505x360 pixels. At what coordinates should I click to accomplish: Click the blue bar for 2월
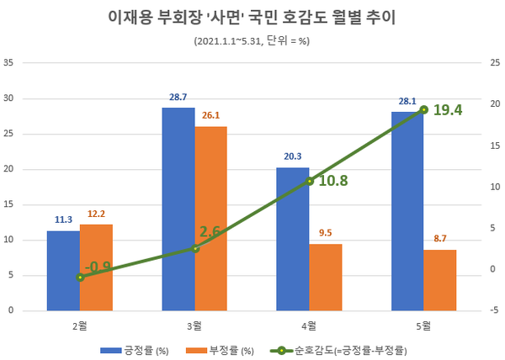click(63, 270)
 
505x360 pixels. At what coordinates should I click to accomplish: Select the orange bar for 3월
click(210, 218)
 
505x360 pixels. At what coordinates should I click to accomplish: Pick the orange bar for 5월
click(440, 279)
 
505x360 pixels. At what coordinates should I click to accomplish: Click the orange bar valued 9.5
click(325, 277)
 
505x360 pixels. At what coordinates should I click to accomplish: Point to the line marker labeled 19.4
click(424, 109)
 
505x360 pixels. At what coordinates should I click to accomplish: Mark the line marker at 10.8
click(310, 181)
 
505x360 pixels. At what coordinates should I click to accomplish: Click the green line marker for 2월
click(80, 277)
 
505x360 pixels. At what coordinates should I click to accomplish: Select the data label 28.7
click(178, 98)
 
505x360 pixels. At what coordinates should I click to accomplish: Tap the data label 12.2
click(96, 214)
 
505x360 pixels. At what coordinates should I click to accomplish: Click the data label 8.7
click(440, 240)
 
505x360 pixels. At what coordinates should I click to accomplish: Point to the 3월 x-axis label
click(194, 326)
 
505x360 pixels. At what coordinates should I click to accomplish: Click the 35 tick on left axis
click(8, 62)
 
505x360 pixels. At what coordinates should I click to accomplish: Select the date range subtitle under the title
click(252, 40)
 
